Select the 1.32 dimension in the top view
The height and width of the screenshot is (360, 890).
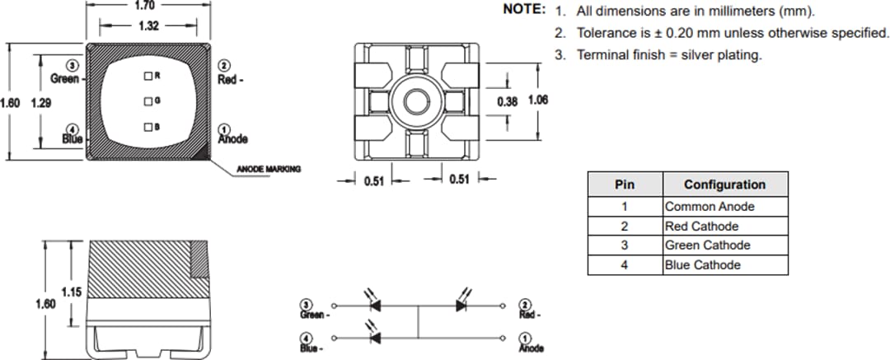click(148, 26)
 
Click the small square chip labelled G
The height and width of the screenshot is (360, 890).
click(148, 101)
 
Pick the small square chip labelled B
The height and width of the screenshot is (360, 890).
click(148, 127)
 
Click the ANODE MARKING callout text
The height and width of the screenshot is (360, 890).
click(269, 169)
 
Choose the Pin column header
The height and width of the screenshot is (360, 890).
click(625, 185)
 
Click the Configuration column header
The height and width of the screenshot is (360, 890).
click(724, 185)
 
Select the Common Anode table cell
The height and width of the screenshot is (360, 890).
click(709, 207)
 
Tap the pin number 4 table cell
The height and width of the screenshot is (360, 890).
click(625, 265)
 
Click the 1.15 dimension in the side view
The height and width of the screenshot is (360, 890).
click(71, 292)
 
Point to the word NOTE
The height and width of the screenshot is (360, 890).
click(523, 10)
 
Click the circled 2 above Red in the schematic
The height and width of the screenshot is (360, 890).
click(527, 304)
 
